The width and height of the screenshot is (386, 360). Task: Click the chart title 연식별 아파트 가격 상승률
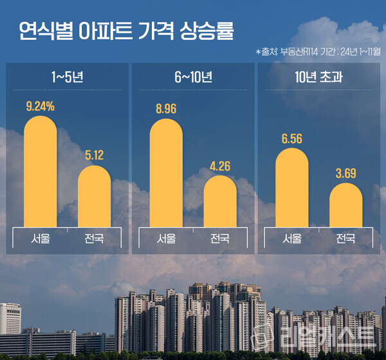(125, 30)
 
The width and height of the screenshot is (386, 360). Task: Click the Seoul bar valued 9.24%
(41, 174)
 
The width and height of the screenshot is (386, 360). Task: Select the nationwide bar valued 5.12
(94, 196)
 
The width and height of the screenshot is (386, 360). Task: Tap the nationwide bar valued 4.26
(220, 201)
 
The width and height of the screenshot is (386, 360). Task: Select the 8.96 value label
(166, 108)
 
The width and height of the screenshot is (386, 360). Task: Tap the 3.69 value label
(345, 174)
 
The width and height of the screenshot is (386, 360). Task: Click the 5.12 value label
(94, 156)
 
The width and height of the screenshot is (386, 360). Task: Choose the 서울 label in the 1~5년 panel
(41, 239)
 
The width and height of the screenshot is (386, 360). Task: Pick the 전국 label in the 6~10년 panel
(220, 239)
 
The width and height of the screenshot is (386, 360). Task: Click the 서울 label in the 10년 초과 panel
(292, 239)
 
